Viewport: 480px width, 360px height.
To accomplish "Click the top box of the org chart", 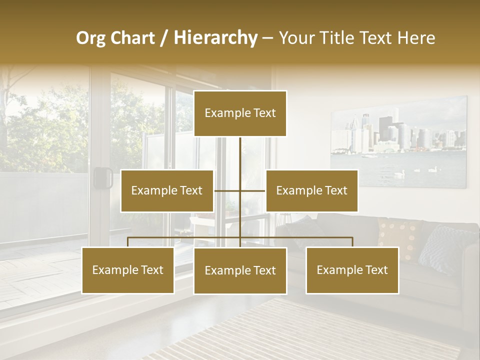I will click(240, 113).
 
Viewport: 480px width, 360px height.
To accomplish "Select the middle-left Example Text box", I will click(167, 190).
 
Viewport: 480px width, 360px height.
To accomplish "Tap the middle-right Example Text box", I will click(311, 190).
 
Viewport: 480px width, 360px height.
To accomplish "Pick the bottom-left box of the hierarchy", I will click(128, 270).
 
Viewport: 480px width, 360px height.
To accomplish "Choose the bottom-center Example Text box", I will click(240, 270).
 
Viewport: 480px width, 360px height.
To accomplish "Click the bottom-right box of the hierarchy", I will click(352, 270).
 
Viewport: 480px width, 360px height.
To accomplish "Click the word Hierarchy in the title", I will click(215, 38).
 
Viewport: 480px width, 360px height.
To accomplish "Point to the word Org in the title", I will click(91, 38).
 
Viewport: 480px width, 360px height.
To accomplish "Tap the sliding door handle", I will click(103, 178).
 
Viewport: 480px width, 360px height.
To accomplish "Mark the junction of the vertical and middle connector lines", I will click(240, 190).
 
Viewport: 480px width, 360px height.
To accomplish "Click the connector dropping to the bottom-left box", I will click(128, 242).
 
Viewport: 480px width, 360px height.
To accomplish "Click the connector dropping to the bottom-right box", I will click(352, 242).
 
